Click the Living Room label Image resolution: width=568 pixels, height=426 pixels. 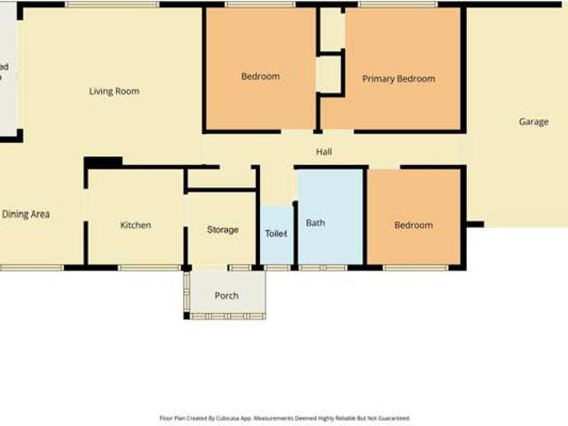click(114, 91)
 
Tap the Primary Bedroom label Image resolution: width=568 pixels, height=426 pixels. click(398, 79)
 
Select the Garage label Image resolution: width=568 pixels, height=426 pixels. click(533, 122)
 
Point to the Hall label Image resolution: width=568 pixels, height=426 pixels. click(324, 153)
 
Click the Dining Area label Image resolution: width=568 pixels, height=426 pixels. click(26, 214)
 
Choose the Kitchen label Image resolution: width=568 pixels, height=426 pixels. click(135, 225)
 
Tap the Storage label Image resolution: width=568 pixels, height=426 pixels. click(222, 230)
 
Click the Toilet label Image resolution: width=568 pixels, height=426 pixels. click(276, 233)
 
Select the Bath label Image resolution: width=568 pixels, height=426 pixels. click(315, 223)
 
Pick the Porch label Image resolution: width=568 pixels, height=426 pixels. click(226, 296)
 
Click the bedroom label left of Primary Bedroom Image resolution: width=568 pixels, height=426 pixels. click(260, 76)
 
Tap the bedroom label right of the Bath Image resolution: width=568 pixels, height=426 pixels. click(414, 225)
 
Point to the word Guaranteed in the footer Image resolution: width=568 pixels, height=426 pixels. click(390, 418)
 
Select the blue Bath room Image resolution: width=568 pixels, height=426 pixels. click(329, 240)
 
